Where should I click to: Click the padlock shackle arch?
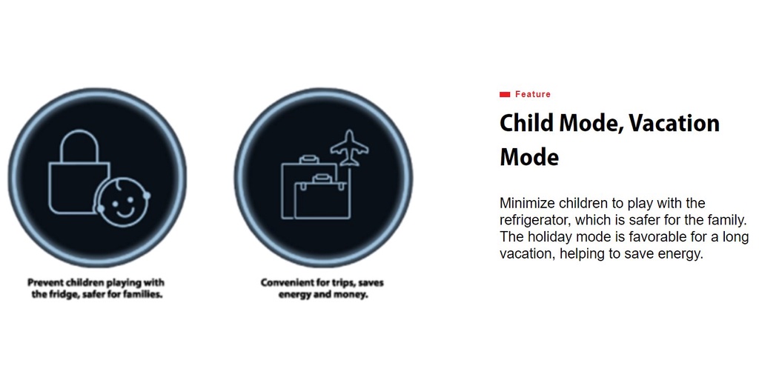(x=79, y=147)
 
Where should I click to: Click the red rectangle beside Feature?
(x=505, y=94)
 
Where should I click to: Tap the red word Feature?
(x=533, y=94)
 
